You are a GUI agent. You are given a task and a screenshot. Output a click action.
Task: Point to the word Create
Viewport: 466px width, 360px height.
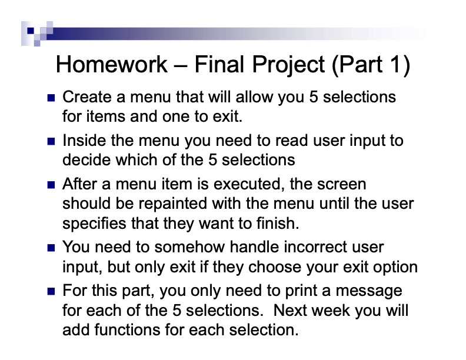pyautogui.click(x=82, y=96)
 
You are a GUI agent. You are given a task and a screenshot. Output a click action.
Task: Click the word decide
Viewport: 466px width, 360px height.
pyautogui.click(x=84, y=159)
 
